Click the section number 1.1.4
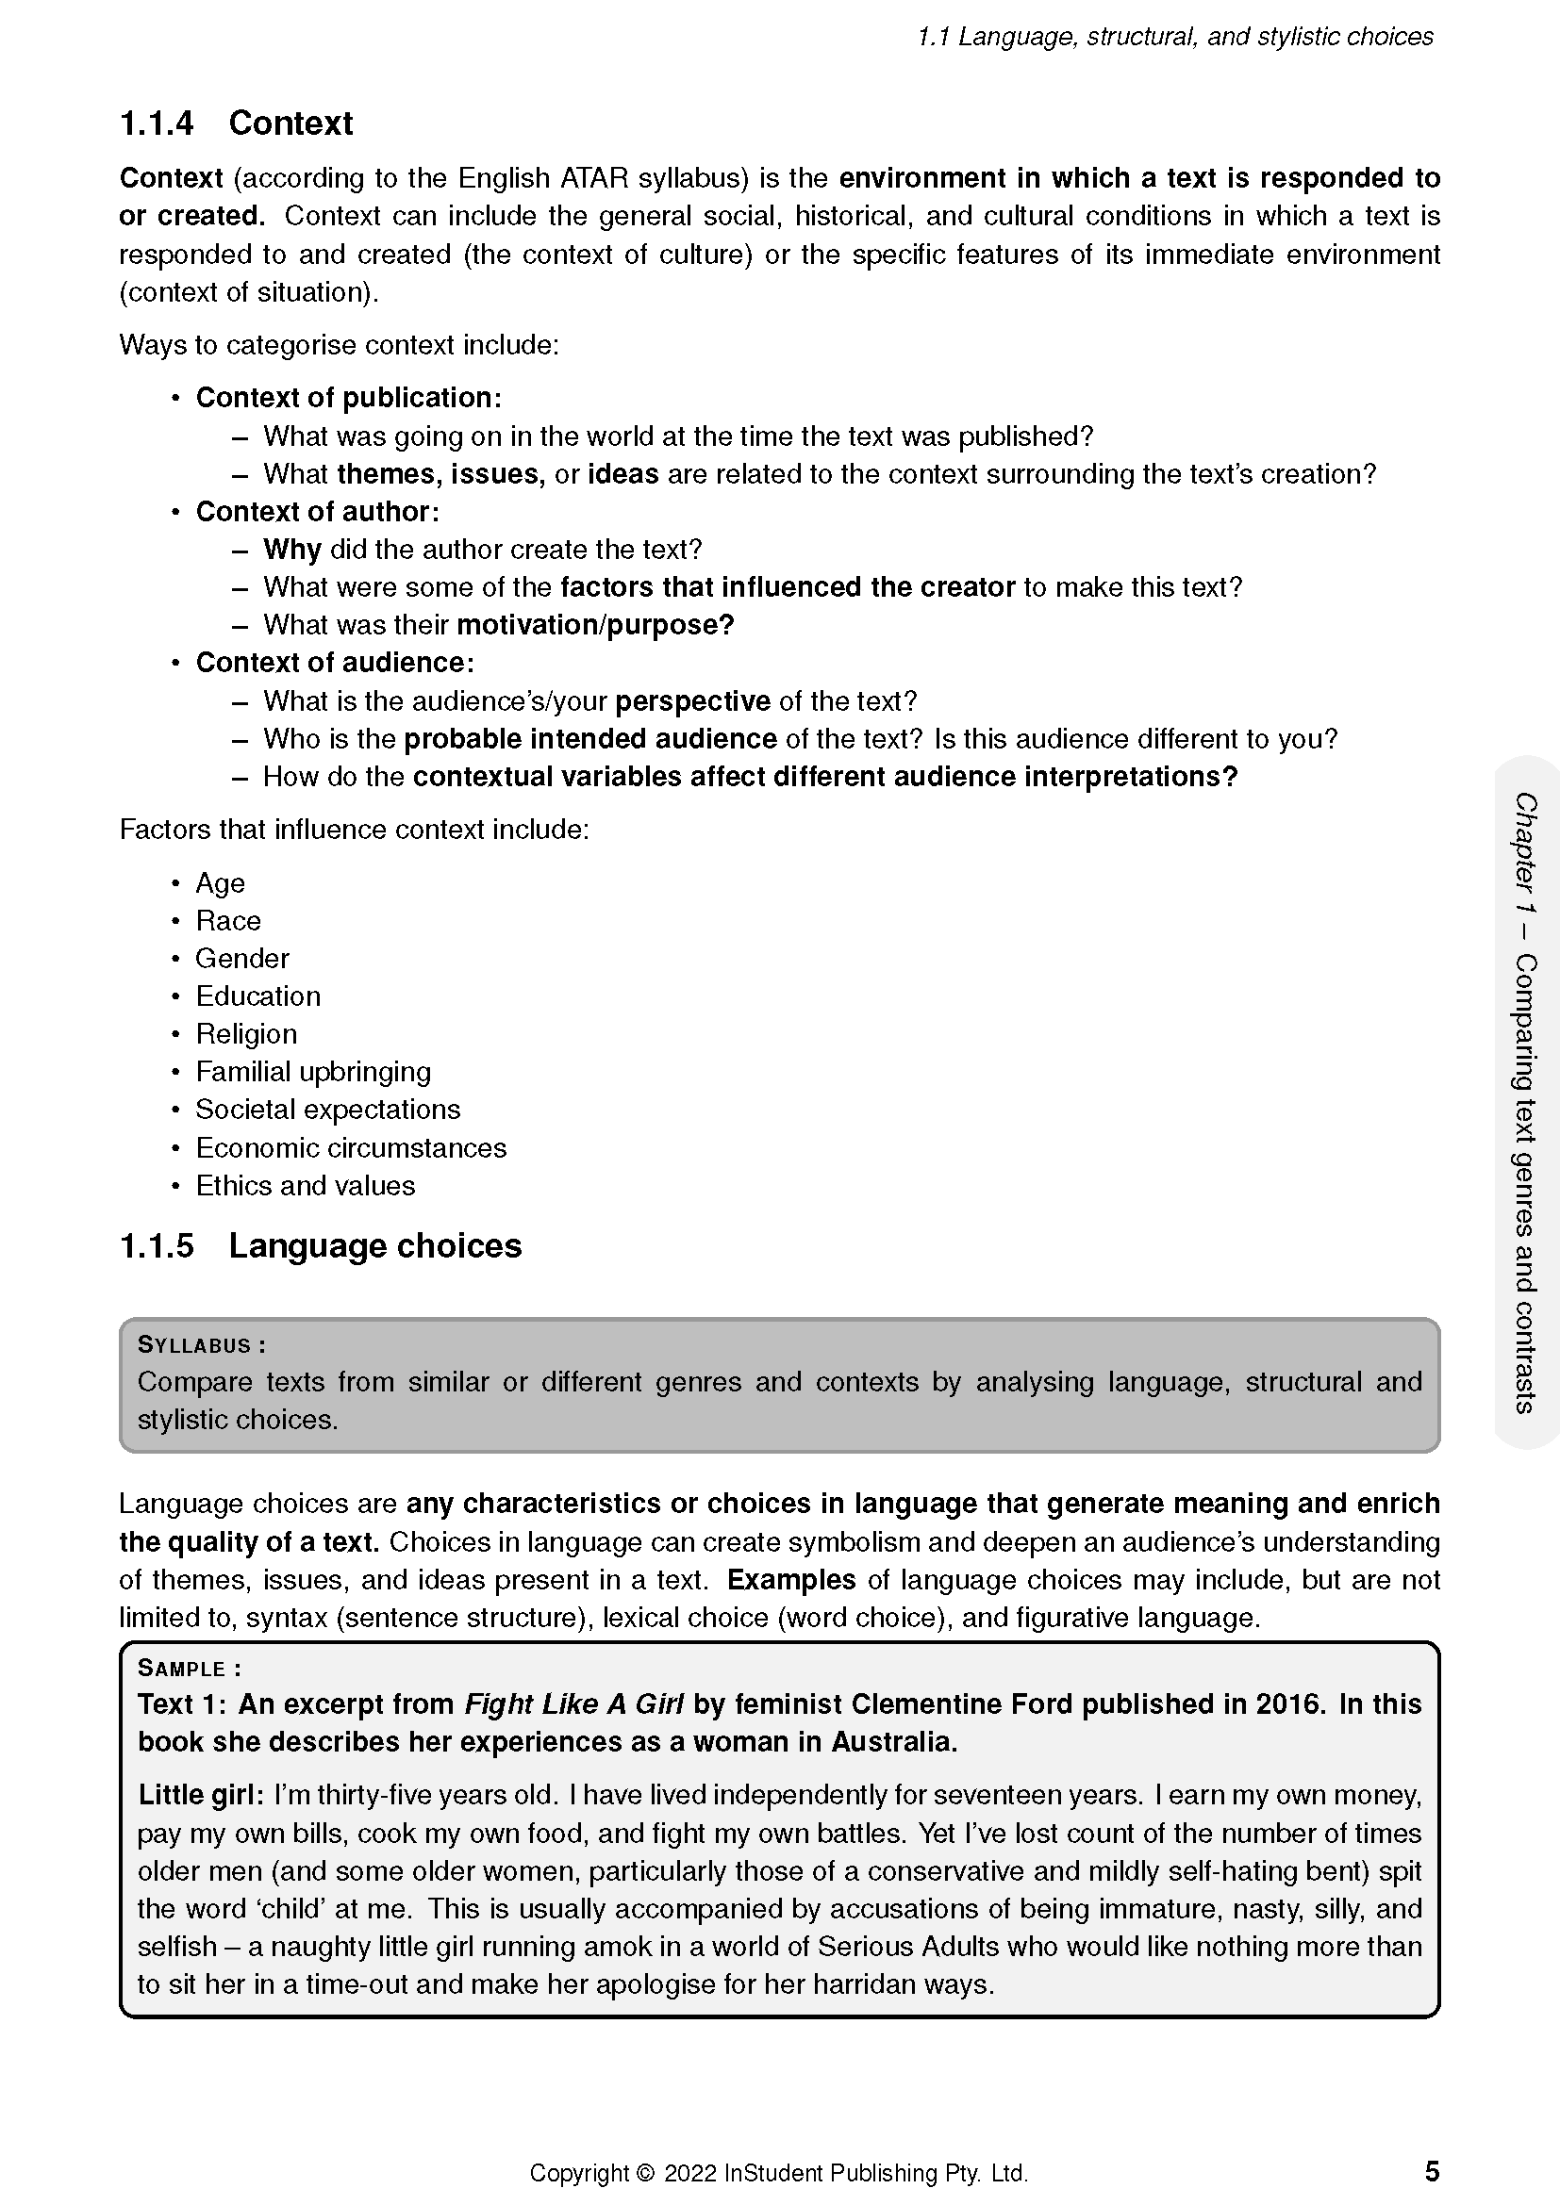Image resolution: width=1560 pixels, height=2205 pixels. (x=157, y=123)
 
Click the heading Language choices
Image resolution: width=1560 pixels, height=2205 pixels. (x=374, y=1245)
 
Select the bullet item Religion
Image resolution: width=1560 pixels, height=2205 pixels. (x=246, y=1034)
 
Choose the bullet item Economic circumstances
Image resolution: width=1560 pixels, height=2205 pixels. (x=351, y=1147)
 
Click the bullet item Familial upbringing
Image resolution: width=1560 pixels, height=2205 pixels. (x=313, y=1072)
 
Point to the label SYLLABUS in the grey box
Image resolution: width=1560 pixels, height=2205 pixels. (x=194, y=1345)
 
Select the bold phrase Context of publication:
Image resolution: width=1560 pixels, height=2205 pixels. (x=349, y=398)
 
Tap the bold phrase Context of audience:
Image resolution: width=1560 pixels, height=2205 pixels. (x=335, y=663)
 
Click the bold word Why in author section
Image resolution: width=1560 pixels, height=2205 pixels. (x=292, y=550)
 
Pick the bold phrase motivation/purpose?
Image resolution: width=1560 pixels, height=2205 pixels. (x=595, y=625)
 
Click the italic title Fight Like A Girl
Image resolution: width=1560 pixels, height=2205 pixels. (x=573, y=1704)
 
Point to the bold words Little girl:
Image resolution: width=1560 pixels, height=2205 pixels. (x=201, y=1795)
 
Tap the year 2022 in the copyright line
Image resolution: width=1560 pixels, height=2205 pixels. (x=689, y=2173)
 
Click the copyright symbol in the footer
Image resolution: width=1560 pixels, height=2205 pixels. (x=644, y=2173)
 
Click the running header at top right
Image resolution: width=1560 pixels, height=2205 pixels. (x=1175, y=37)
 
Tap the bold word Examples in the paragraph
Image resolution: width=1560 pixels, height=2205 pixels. (x=790, y=1580)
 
